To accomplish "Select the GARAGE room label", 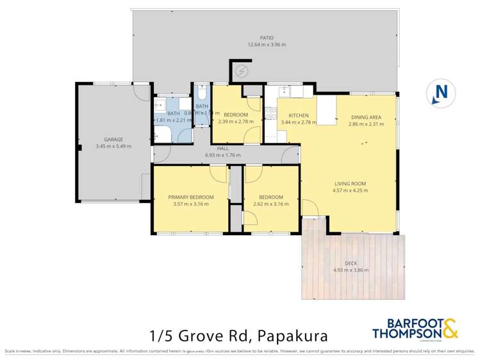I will pos(113,139).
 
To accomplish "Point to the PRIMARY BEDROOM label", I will pos(191,197).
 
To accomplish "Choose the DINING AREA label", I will pos(366,117).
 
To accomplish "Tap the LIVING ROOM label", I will pos(349,183).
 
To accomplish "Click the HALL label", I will pos(222,148).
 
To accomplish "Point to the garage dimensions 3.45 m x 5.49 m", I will pos(113,146).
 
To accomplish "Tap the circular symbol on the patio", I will pos(242,71).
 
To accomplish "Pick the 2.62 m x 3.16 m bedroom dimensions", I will pos(272,204).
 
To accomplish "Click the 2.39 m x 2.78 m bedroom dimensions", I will pos(235,121).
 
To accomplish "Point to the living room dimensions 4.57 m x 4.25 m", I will pos(349,190).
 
